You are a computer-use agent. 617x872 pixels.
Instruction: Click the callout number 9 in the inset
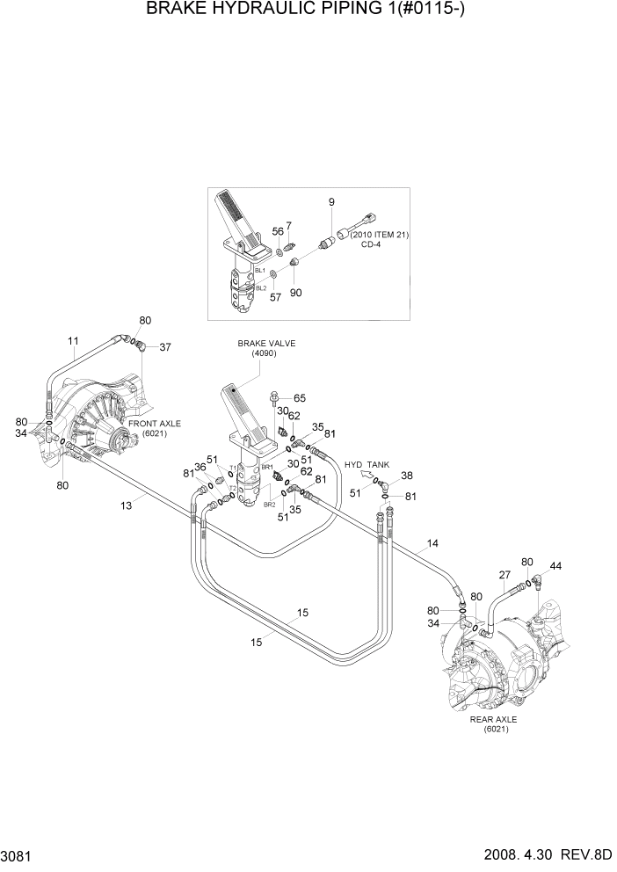point(331,202)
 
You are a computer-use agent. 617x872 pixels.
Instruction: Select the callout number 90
point(296,292)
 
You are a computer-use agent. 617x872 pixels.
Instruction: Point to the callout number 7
point(288,227)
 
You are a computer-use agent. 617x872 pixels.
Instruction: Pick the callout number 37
point(165,346)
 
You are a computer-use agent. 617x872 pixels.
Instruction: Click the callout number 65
point(300,398)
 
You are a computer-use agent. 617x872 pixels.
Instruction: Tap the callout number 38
point(407,476)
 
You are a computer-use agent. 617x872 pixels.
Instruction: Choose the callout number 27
point(504,576)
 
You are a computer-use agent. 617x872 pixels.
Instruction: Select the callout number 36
point(200,467)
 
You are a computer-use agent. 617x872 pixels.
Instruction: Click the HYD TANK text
point(367,464)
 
